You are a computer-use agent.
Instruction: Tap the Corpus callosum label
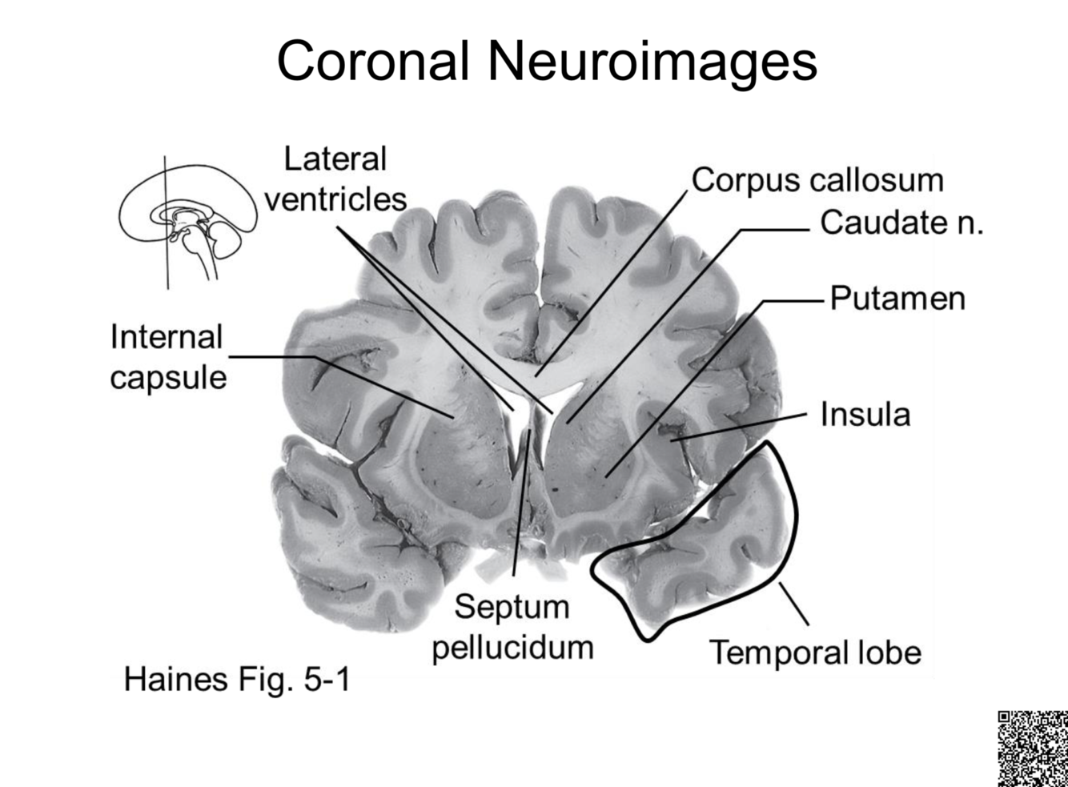coord(817,180)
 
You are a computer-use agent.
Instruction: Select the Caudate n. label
coord(901,223)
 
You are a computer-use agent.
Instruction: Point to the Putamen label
coord(897,298)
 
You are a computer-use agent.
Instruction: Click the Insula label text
coord(865,415)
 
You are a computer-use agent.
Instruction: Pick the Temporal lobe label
coord(815,652)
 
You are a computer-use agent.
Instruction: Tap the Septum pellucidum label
coord(512,627)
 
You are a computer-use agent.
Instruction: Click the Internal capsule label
coord(167,357)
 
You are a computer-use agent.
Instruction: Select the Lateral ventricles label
coord(335,179)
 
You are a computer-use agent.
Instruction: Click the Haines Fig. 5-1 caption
coord(237,680)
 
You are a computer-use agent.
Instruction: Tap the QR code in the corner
coord(1032,748)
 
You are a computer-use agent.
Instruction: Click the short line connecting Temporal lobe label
coord(793,604)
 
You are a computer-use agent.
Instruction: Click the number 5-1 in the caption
coord(324,680)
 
